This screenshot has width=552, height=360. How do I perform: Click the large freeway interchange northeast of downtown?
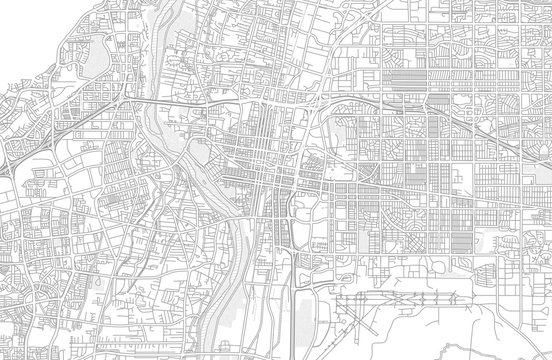pyautogui.click(x=318, y=104)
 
